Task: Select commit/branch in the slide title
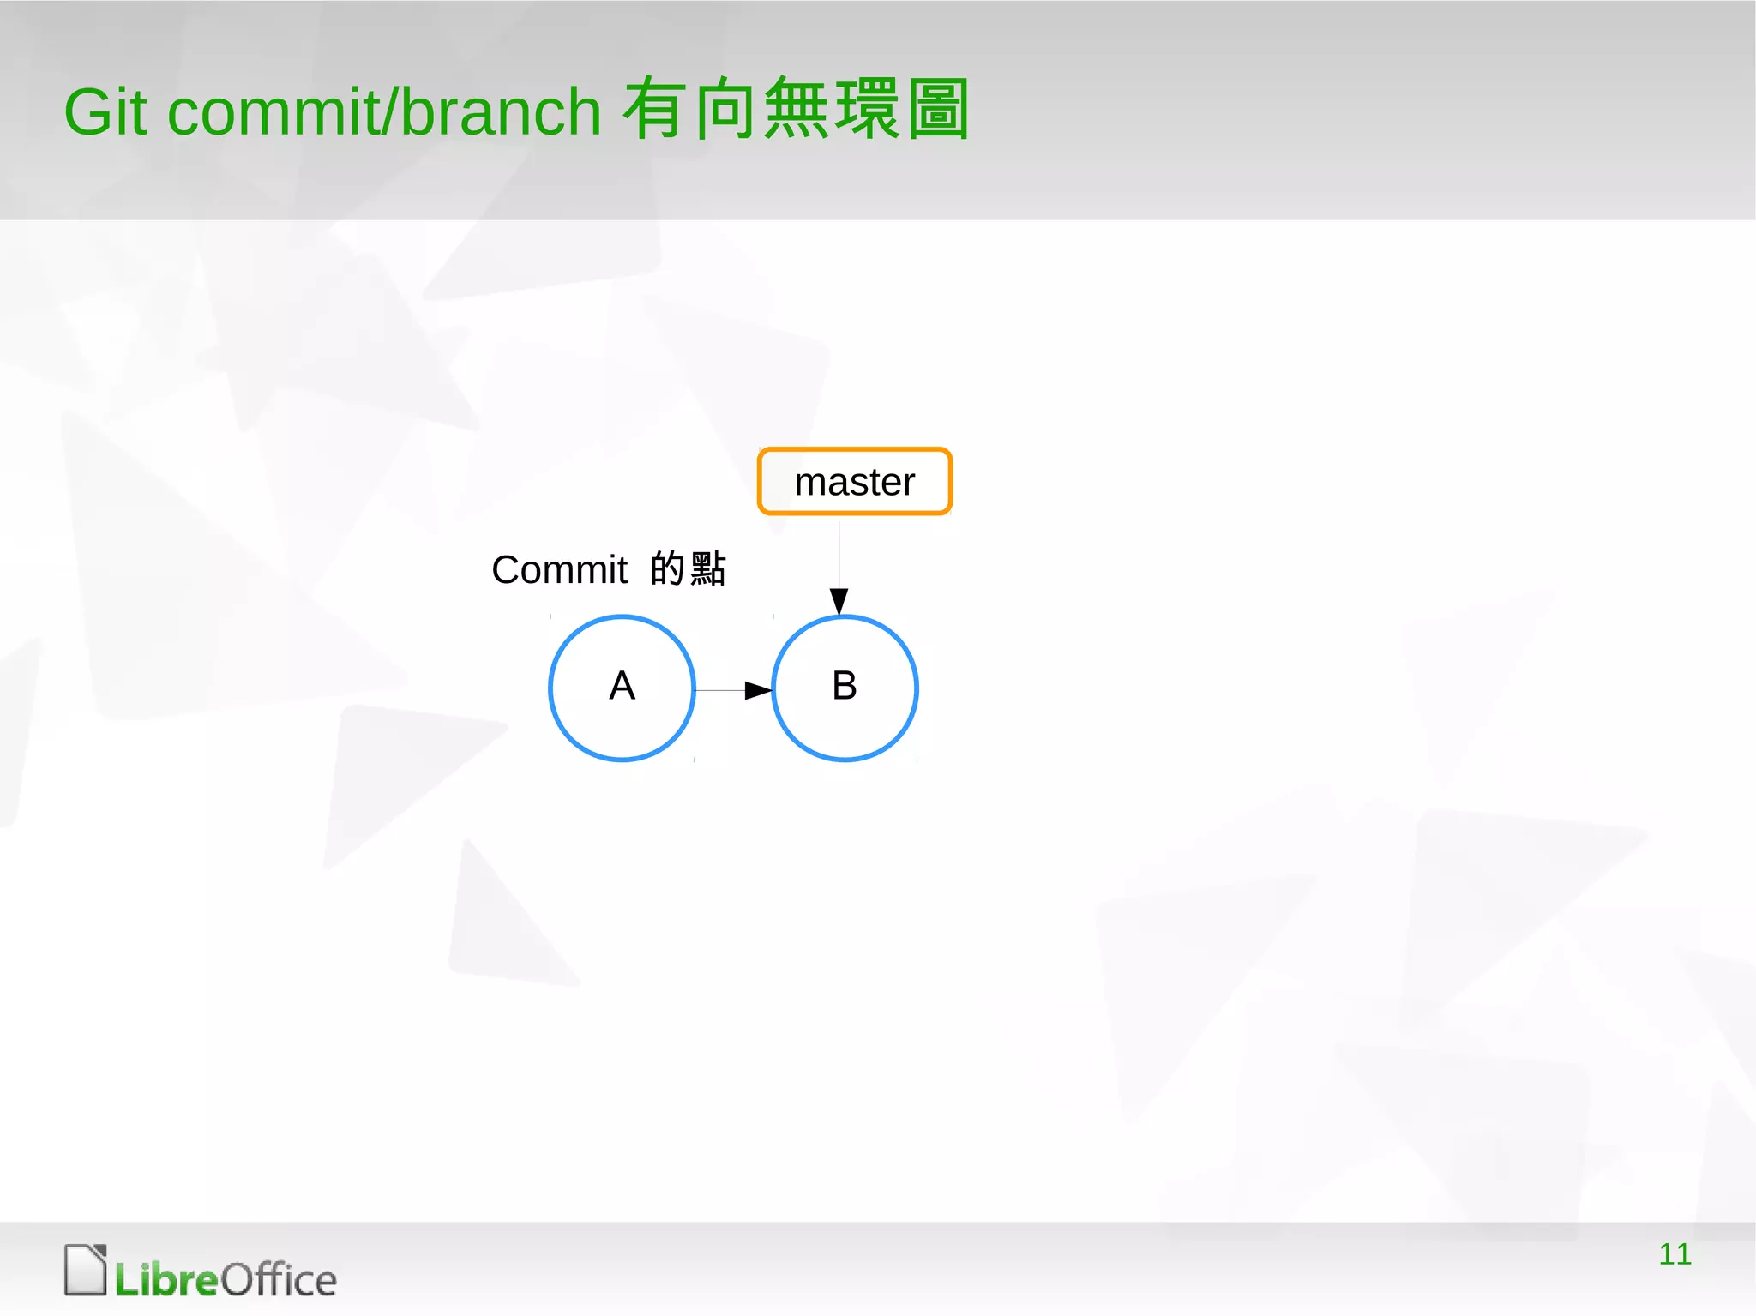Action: pos(384,112)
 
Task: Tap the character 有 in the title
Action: pos(655,109)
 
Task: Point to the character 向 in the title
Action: pos(725,109)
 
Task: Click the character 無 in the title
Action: pos(796,109)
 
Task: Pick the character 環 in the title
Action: pos(867,109)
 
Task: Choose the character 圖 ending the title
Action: pos(938,109)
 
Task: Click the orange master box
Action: pos(855,482)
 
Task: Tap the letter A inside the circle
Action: pos(622,686)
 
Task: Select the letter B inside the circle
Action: pos(845,686)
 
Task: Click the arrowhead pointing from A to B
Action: pos(758,690)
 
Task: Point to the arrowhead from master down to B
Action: pos(839,600)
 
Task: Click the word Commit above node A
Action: pos(560,570)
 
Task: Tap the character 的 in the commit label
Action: pos(667,568)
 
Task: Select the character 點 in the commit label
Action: pos(708,568)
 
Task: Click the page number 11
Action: pos(1675,1254)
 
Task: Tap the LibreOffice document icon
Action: pos(86,1270)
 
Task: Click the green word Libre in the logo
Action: pos(167,1280)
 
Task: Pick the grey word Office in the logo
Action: pos(279,1280)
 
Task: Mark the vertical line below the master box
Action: pos(839,553)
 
